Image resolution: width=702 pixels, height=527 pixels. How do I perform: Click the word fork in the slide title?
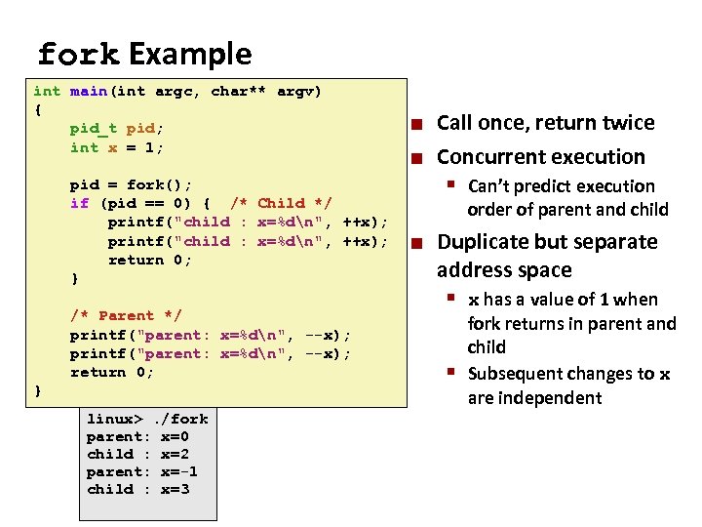(x=78, y=54)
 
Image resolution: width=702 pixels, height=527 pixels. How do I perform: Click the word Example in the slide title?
(x=189, y=54)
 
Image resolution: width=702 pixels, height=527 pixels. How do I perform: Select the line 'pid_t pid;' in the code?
(x=117, y=129)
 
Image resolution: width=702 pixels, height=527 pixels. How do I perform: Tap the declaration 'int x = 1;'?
(x=117, y=147)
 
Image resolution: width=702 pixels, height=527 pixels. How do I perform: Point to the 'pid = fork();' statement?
(x=131, y=184)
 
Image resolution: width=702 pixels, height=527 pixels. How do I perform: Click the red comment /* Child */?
(x=281, y=203)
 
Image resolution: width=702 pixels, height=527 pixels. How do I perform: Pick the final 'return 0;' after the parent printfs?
(x=112, y=372)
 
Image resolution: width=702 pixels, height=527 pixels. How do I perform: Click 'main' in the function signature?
(x=88, y=91)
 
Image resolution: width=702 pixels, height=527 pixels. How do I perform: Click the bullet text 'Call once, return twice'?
(x=545, y=123)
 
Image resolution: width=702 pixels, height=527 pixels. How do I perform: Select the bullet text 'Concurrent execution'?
(x=540, y=157)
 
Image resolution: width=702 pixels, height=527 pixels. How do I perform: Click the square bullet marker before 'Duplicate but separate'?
(x=416, y=243)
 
